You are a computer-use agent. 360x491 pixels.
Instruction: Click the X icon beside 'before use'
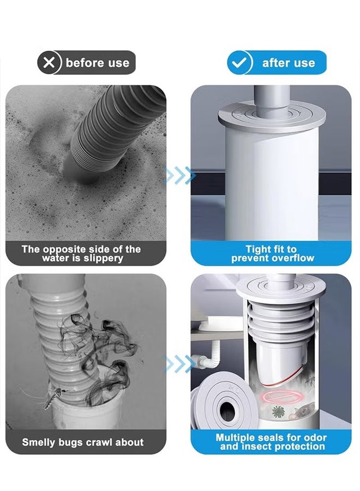click(50, 63)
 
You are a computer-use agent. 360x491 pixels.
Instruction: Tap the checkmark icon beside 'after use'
click(240, 63)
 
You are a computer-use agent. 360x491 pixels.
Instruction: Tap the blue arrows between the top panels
click(179, 175)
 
